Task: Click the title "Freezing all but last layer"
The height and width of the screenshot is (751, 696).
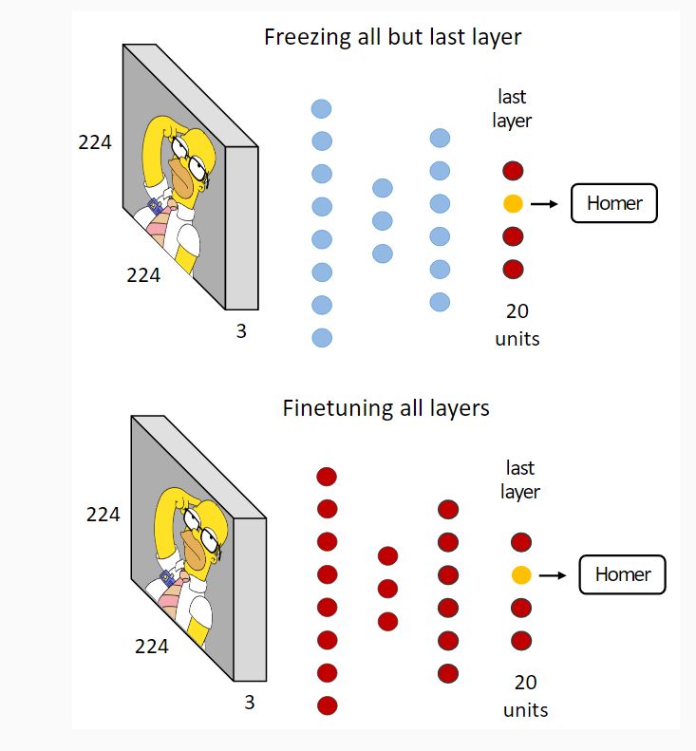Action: coord(393,39)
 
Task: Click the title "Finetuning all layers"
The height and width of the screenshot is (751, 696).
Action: coord(386,409)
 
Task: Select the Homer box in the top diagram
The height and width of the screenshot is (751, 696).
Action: coord(613,203)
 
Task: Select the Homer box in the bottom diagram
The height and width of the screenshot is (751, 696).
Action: coord(622,574)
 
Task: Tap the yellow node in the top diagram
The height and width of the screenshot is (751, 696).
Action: coord(513,203)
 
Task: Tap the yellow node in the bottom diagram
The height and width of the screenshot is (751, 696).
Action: coord(520,574)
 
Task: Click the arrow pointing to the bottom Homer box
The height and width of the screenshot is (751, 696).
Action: coord(552,574)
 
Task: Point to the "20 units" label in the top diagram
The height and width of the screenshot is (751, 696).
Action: coord(517,324)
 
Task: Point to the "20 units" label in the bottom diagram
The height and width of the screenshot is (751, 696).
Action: coord(525,695)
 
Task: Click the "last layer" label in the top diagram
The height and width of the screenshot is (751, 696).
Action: coord(512,108)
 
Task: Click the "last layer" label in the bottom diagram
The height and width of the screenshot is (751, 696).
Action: coord(520,479)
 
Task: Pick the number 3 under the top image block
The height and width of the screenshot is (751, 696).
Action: coord(241,333)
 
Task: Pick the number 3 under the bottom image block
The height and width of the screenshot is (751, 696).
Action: coord(250,704)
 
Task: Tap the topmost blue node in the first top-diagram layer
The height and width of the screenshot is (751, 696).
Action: coord(322,109)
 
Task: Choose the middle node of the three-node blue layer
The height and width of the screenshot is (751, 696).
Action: coord(382,220)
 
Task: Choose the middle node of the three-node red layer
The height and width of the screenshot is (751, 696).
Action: coord(387,589)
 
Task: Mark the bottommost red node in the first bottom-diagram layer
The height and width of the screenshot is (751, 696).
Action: coord(328,705)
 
